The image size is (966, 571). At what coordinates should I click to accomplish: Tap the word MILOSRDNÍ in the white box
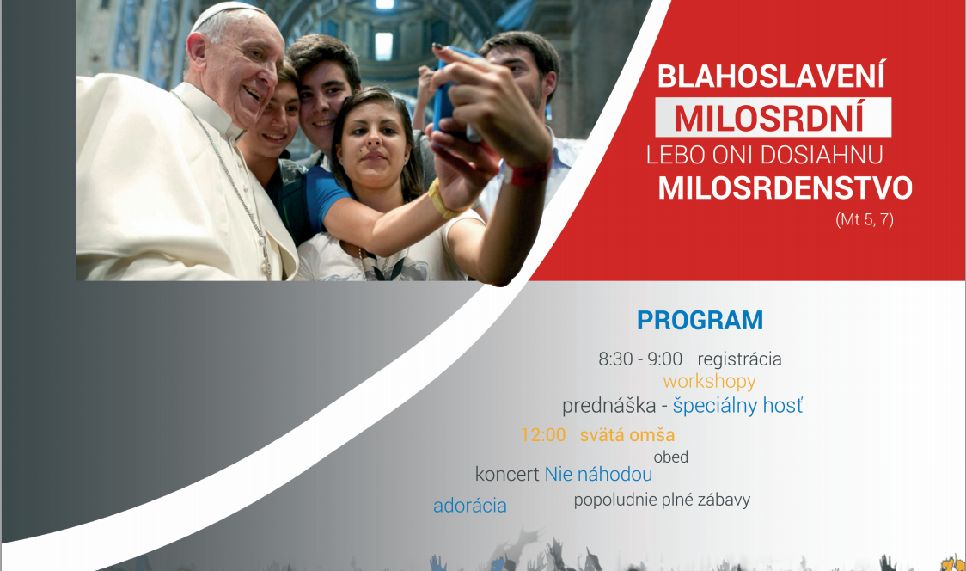coord(769,119)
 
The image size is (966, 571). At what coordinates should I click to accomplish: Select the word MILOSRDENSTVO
coord(785,188)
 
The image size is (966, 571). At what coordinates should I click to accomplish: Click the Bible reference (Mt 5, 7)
coord(865,219)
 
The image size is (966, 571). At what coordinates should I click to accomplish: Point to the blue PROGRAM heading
coord(700,321)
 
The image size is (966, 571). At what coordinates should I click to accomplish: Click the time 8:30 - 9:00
coord(640,359)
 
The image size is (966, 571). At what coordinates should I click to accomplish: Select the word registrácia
coord(739,359)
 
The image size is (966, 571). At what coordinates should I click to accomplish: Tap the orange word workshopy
coord(709,382)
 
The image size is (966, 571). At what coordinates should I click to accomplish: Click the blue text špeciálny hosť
coord(737,406)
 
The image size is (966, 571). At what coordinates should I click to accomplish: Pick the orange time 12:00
coord(543,435)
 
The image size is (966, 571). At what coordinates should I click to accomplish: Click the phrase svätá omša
coord(627,435)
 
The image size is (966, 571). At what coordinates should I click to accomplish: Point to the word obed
coord(671,457)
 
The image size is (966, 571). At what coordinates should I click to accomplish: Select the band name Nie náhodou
coord(598,474)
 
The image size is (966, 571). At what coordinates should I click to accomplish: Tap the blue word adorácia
coord(470,506)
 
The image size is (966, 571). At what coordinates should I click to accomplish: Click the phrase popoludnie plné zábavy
coord(663,500)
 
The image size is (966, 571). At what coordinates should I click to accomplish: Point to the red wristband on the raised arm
coord(528,172)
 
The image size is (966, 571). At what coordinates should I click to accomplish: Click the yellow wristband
coord(440,200)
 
